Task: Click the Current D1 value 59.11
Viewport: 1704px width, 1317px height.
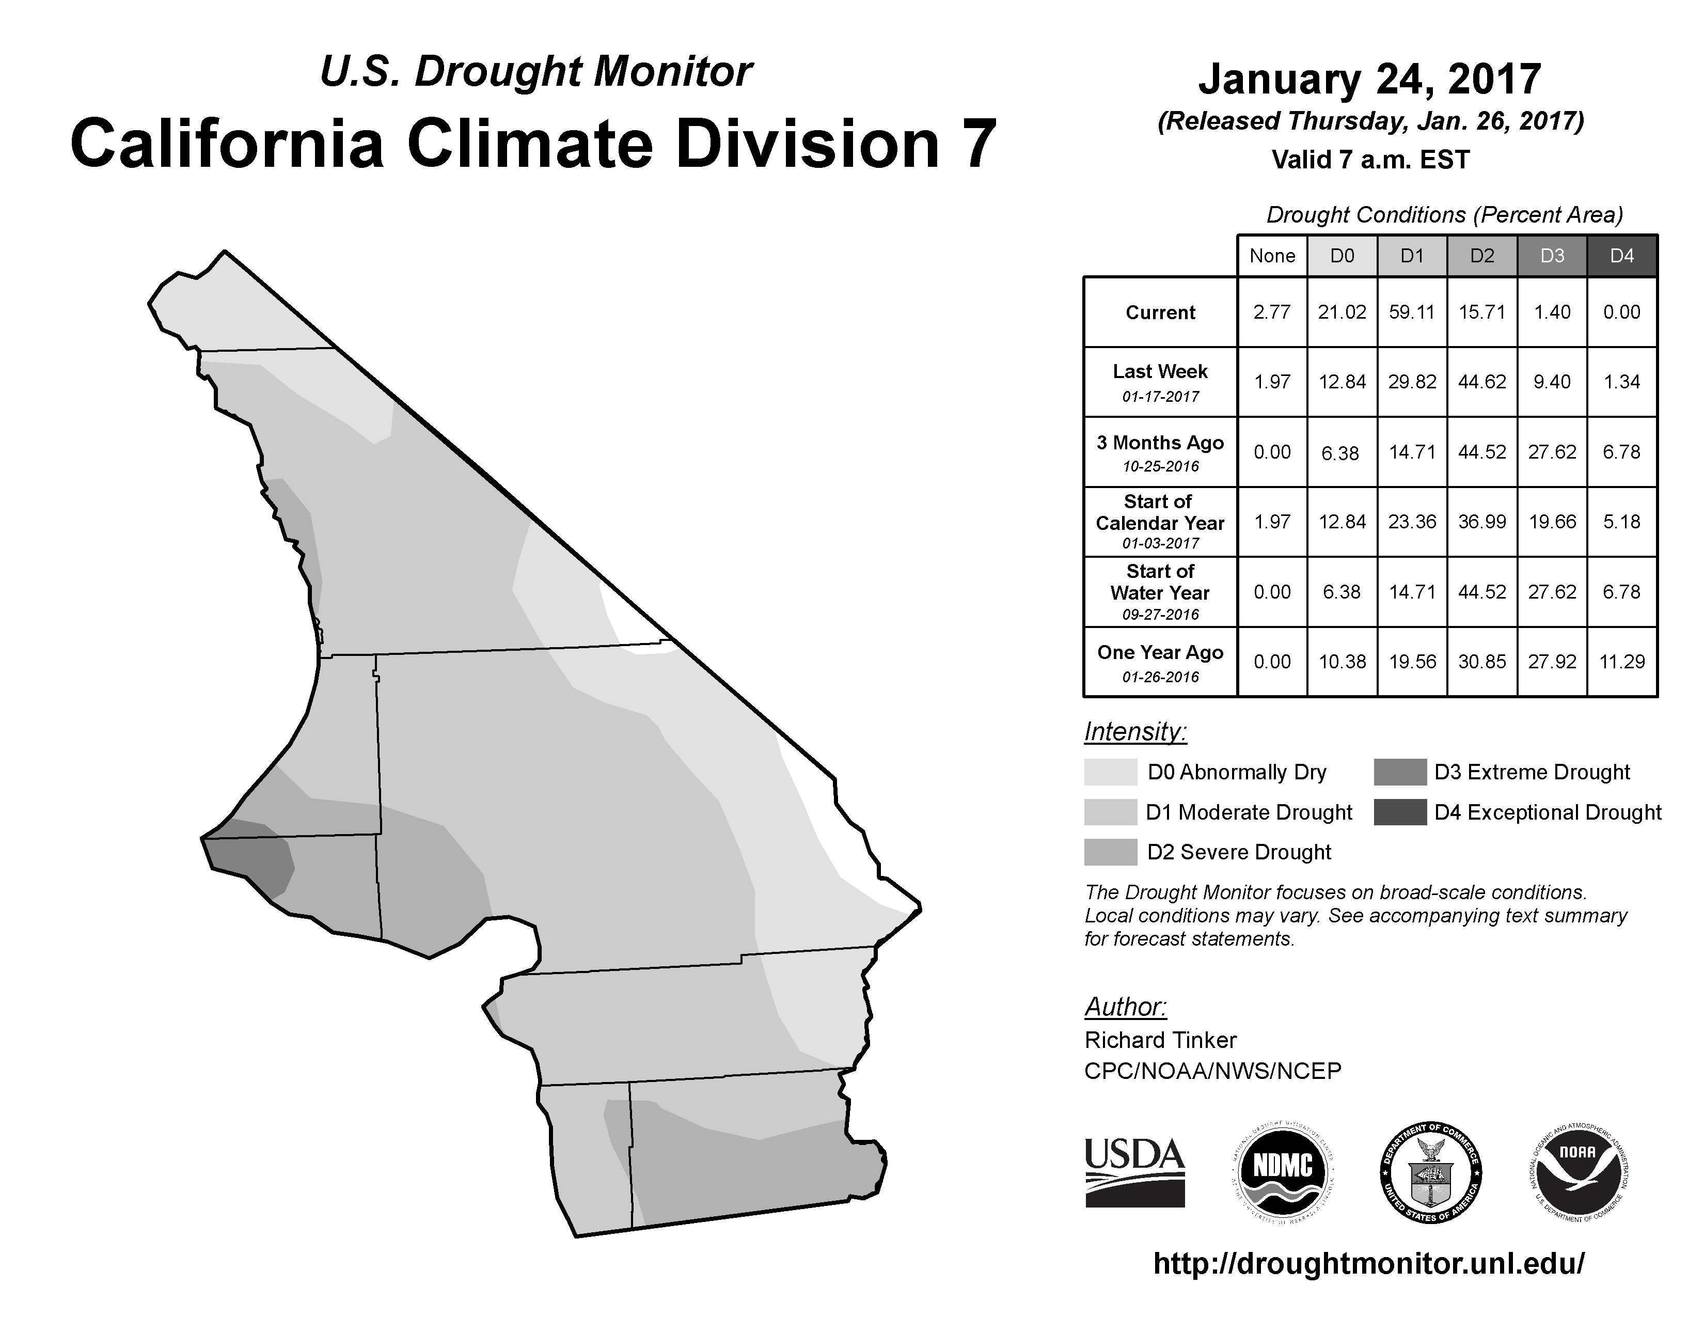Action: click(x=1412, y=312)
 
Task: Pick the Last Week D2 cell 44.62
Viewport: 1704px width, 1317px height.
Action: click(x=1481, y=382)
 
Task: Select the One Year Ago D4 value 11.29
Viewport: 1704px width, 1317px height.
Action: click(x=1622, y=662)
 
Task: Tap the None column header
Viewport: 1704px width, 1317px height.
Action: click(x=1272, y=256)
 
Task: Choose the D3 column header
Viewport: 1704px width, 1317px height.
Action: click(x=1552, y=256)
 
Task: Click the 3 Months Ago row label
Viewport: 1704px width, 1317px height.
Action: click(x=1160, y=452)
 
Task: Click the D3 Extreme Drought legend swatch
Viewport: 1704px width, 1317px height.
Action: click(x=1400, y=772)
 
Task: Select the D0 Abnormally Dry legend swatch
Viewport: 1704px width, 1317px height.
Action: click(x=1110, y=772)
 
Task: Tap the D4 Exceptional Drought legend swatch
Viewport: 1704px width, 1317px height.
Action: click(x=1400, y=812)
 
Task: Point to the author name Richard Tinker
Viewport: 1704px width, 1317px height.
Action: click(x=1160, y=1040)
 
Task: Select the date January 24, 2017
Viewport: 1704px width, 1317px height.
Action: click(x=1370, y=79)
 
